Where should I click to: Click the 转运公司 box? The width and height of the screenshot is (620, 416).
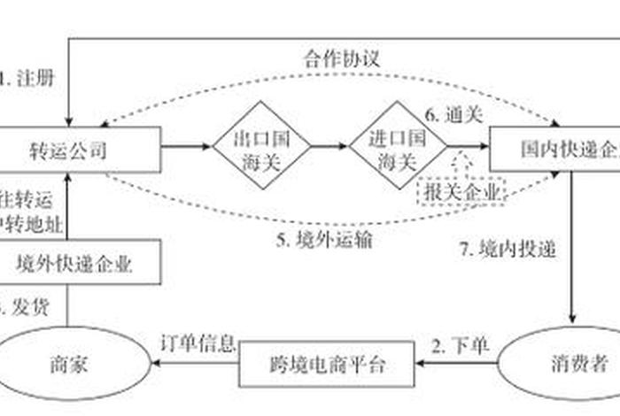[x=80, y=150]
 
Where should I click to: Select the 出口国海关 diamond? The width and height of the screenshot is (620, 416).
[x=261, y=150]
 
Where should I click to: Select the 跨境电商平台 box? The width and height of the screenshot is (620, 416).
[x=328, y=364]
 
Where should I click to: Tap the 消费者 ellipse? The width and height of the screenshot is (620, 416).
[x=562, y=362]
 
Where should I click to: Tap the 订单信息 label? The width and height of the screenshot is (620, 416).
[x=197, y=342]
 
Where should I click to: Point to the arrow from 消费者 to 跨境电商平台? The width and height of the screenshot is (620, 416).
[x=456, y=362]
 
